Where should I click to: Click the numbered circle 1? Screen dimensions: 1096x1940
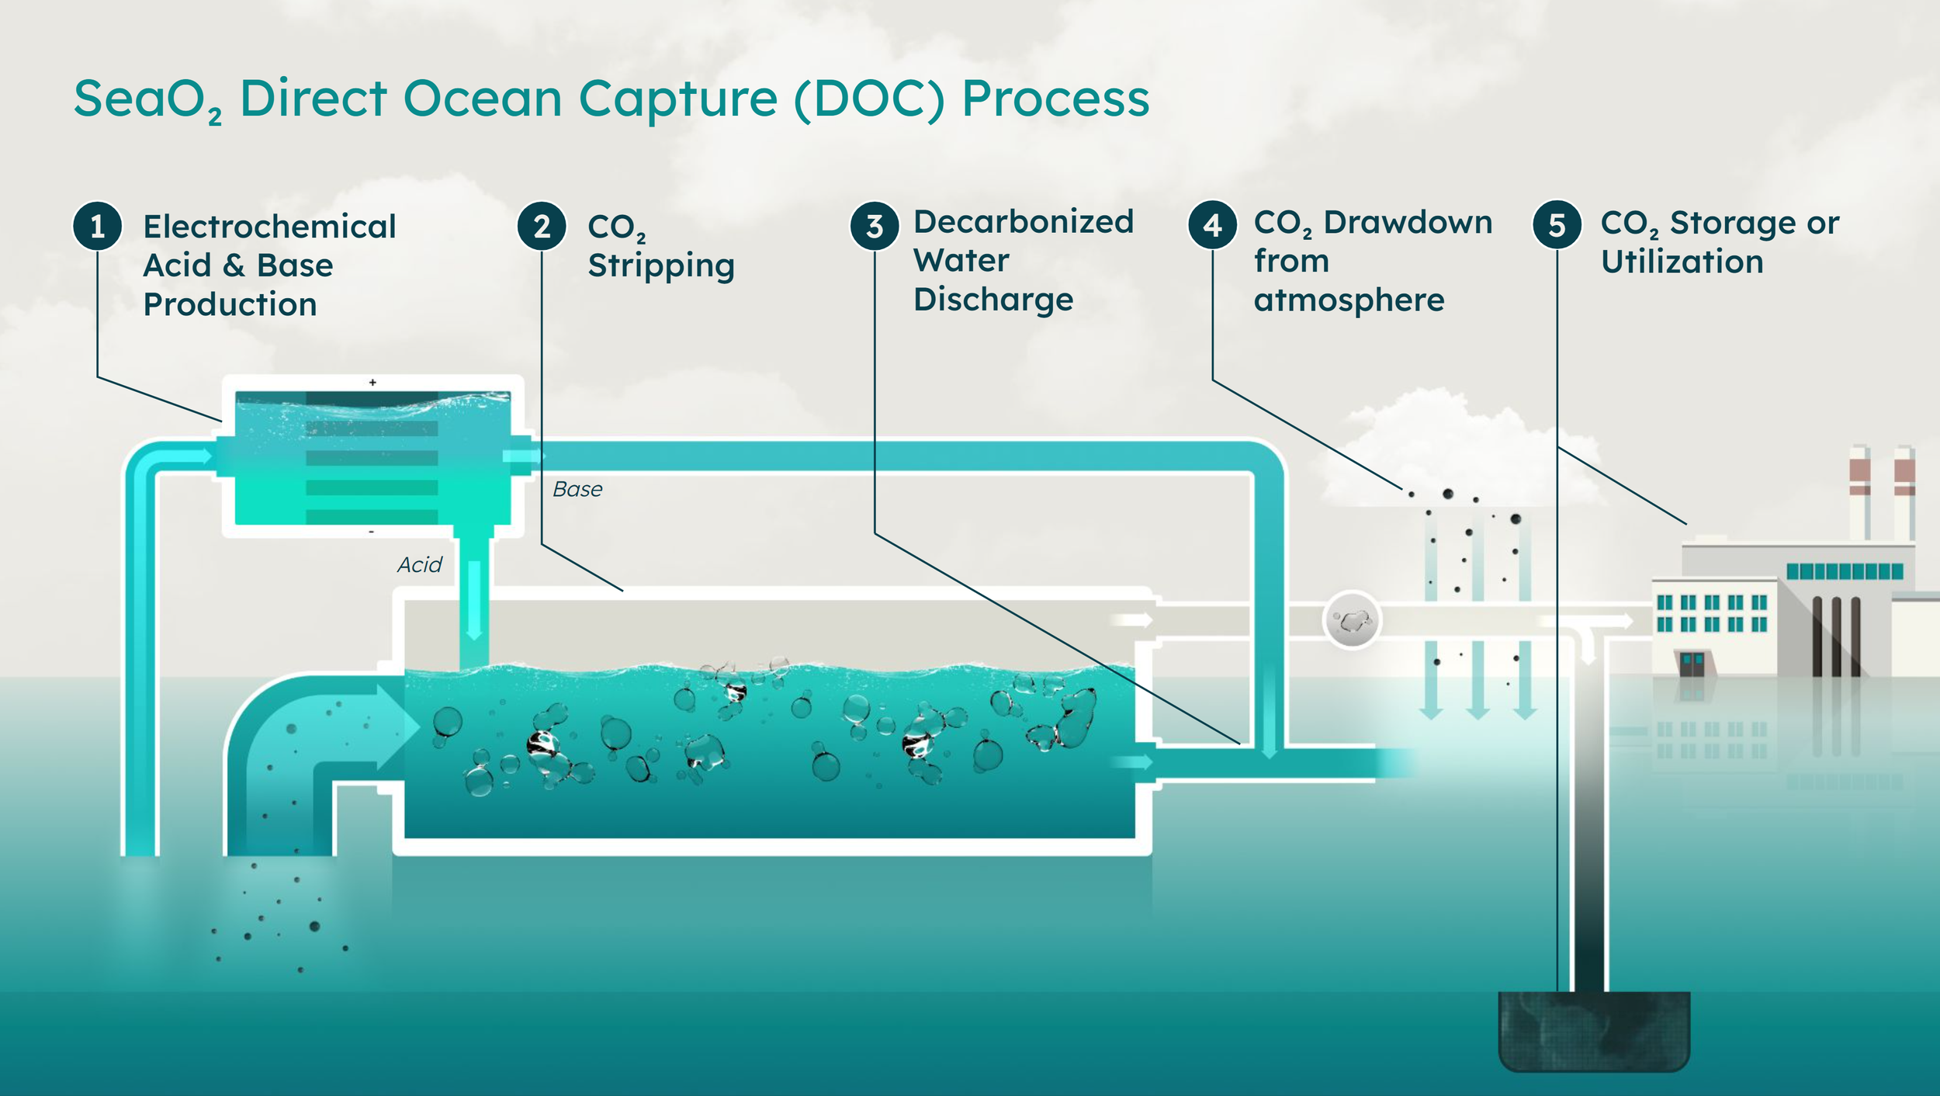coord(97,226)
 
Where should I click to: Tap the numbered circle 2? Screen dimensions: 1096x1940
coord(542,226)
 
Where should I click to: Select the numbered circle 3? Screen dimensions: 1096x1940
coord(875,226)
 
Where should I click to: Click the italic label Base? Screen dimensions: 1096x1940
coord(577,489)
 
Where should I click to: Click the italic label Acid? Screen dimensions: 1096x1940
coord(419,564)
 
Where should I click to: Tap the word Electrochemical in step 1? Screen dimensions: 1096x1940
coord(269,227)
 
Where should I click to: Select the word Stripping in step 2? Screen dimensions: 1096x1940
coord(661,266)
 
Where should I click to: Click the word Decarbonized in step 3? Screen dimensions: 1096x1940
coord(1024,222)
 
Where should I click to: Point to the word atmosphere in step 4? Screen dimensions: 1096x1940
coord(1349,300)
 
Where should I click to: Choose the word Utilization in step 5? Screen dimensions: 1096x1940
coord(1682,262)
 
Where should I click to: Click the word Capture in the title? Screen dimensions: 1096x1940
coord(677,99)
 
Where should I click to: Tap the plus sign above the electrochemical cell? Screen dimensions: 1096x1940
coord(372,382)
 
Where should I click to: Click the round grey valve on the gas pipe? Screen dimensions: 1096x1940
coord(1352,620)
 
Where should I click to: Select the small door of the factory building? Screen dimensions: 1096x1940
coord(1692,664)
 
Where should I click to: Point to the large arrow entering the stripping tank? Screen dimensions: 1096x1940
coord(396,727)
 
